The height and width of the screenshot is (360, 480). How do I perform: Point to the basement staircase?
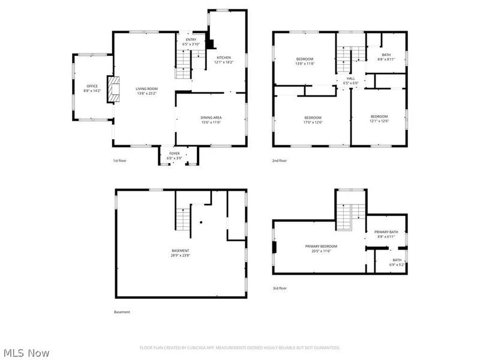183,218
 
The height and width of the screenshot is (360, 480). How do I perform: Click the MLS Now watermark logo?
26,353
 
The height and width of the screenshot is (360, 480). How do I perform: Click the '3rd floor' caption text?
280,289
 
